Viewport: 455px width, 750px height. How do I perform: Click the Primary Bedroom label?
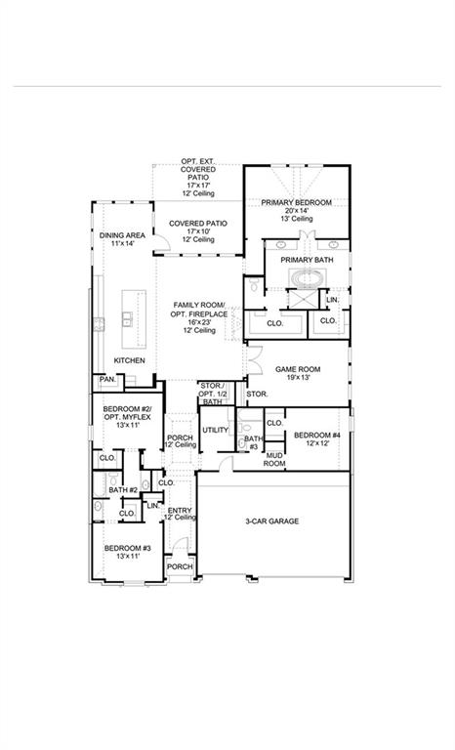(x=296, y=202)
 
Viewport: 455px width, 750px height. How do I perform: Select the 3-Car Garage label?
(x=271, y=521)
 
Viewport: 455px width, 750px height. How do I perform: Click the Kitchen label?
(x=129, y=360)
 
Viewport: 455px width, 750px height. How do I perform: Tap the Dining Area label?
(x=123, y=235)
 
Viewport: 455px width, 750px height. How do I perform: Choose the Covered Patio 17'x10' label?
(x=198, y=224)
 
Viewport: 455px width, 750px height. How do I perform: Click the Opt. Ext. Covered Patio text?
(x=199, y=167)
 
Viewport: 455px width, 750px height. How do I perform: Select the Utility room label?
(x=215, y=430)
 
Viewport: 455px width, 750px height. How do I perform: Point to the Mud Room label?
(x=273, y=459)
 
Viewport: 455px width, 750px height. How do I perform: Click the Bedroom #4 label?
(x=317, y=435)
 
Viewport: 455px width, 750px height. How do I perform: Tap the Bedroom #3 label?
(x=128, y=549)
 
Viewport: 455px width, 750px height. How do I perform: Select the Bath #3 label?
(x=253, y=442)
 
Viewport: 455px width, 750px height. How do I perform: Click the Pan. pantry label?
(x=105, y=379)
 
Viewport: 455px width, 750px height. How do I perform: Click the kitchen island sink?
(x=127, y=317)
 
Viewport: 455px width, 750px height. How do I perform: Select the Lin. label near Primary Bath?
(x=332, y=299)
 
